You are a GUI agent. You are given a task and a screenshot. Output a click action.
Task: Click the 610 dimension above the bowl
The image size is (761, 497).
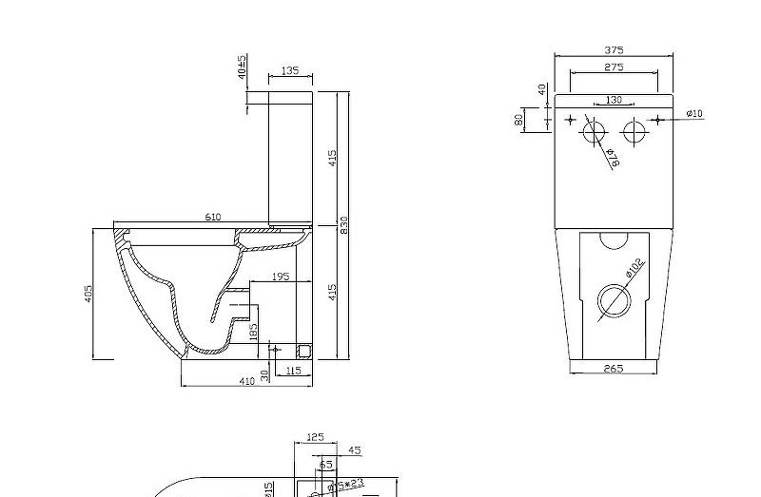[x=213, y=218]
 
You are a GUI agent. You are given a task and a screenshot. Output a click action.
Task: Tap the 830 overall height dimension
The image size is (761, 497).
[x=345, y=224]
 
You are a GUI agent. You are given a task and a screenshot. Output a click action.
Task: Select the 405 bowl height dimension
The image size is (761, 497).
[x=88, y=295]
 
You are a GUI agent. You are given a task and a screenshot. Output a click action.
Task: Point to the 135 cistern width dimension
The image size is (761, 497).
[x=290, y=71]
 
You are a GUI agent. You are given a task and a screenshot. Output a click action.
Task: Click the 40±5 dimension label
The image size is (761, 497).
[x=243, y=66]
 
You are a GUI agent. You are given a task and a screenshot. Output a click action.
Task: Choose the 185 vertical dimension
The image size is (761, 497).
[x=253, y=332]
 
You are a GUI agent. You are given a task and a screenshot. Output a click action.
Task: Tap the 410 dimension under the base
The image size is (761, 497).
[x=246, y=381]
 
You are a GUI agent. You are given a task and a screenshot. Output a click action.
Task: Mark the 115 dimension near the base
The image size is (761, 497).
[x=293, y=371]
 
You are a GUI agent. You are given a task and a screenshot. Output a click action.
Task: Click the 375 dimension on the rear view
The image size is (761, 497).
[x=614, y=50]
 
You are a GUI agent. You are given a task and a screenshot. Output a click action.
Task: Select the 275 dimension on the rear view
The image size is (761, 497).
[x=614, y=67]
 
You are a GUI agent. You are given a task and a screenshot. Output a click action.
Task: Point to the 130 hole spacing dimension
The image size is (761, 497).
[x=614, y=100]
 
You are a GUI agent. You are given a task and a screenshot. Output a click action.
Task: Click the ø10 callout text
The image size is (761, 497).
[x=694, y=114]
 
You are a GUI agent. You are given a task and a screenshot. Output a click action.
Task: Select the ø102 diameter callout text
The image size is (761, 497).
[x=634, y=269]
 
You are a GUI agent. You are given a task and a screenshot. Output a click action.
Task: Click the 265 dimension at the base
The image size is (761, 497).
[x=614, y=369]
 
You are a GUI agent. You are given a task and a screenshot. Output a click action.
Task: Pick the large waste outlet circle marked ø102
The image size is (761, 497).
[x=614, y=301]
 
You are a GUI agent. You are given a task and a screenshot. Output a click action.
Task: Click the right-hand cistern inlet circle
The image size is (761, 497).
[x=634, y=131]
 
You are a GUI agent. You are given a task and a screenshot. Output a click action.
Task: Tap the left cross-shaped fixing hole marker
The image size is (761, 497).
[x=571, y=120]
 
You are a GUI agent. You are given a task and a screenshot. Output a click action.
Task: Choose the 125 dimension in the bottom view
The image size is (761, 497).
[x=315, y=437]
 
